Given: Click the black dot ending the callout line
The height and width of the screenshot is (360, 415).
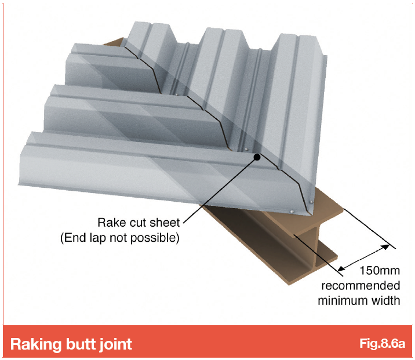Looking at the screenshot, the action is (x=257, y=157).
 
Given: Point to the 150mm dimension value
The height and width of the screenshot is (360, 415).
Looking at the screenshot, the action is (x=380, y=271).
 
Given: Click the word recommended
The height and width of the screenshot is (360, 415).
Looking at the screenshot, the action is (x=361, y=286).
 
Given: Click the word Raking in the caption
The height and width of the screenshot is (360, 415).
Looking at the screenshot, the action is (x=36, y=344).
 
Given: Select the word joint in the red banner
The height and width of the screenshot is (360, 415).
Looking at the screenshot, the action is (x=115, y=344).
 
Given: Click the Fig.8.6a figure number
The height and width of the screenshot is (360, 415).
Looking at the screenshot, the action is (x=382, y=344).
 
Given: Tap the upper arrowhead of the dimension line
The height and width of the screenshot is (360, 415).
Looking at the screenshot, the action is (x=385, y=247).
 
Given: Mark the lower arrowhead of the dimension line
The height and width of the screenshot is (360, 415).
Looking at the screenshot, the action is (x=342, y=268).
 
